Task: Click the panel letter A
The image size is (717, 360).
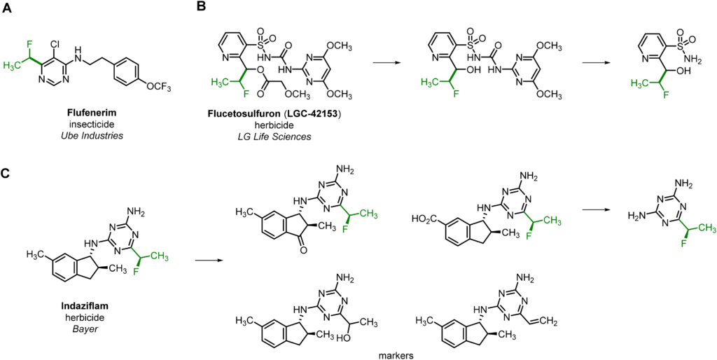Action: point(8,8)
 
